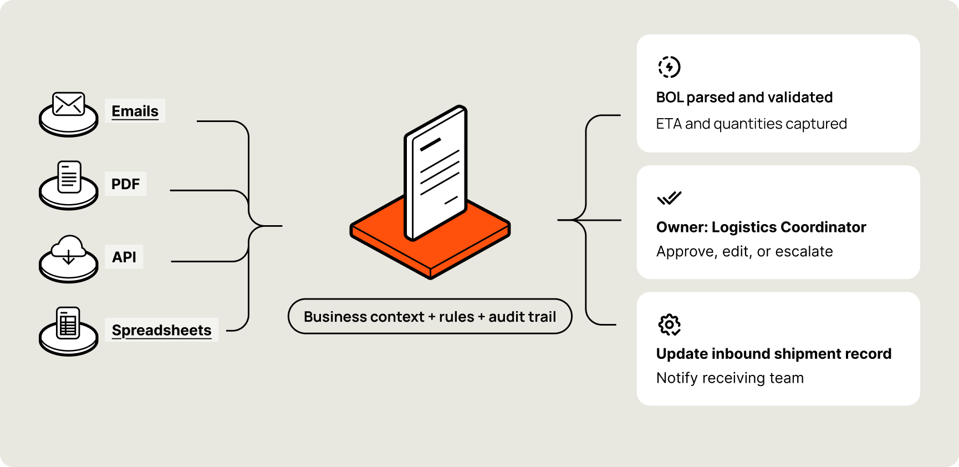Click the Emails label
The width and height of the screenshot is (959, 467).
(135, 111)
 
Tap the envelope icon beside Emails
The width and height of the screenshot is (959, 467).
(69, 104)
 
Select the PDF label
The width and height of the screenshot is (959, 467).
(125, 184)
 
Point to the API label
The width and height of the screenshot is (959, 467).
(124, 257)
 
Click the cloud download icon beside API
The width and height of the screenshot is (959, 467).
(69, 251)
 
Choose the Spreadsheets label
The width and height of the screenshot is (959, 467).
(161, 330)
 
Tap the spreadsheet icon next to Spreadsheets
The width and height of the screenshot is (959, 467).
(69, 323)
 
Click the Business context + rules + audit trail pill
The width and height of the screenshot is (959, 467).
(430, 317)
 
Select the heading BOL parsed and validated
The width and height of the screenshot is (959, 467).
(744, 98)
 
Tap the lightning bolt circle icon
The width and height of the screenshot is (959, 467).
(669, 67)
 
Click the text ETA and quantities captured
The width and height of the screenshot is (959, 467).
(751, 124)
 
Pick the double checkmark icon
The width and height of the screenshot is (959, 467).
(669, 198)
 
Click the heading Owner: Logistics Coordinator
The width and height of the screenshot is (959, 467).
(761, 227)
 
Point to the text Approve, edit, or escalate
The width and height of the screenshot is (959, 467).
(744, 252)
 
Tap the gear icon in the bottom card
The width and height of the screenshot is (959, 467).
(669, 325)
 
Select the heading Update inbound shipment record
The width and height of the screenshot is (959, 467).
(773, 354)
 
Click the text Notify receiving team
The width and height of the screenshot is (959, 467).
(730, 378)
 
